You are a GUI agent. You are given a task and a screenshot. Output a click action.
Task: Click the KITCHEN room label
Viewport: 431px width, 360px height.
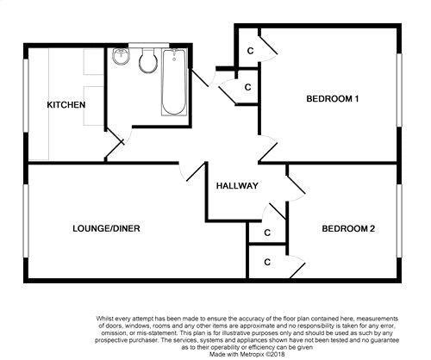click(x=66, y=105)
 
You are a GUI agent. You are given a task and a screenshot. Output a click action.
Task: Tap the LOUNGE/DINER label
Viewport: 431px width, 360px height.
click(x=106, y=228)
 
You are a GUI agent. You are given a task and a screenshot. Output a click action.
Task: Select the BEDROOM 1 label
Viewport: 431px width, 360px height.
click(x=333, y=99)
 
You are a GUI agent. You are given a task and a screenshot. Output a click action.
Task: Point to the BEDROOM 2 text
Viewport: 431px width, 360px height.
click(x=348, y=229)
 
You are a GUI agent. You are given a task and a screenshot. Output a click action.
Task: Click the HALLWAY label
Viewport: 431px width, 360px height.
click(x=237, y=186)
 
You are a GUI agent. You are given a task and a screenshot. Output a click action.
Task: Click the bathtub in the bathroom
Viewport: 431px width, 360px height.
click(x=174, y=83)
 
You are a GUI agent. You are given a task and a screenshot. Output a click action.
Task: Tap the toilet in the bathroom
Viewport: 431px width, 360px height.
click(x=148, y=60)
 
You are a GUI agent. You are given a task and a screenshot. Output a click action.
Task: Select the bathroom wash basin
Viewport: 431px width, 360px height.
click(x=121, y=57)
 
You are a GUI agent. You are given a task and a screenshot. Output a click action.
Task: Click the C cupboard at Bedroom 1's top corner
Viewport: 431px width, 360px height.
click(x=251, y=51)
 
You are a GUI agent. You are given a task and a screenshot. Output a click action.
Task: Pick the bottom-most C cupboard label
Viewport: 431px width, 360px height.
click(x=267, y=262)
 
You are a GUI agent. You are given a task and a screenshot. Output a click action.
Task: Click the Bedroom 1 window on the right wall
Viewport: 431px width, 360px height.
click(x=399, y=90)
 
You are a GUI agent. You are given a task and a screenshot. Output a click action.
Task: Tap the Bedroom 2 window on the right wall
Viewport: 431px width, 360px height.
click(x=399, y=220)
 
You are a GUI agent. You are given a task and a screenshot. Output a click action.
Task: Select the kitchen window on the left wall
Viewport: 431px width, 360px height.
click(x=26, y=96)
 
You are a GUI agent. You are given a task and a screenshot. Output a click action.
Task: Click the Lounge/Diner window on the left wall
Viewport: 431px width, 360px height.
click(x=26, y=220)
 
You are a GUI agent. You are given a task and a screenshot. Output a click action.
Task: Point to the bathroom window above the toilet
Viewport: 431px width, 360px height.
click(x=148, y=45)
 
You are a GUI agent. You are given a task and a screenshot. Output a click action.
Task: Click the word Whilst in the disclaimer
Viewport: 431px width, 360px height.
click(x=104, y=319)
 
